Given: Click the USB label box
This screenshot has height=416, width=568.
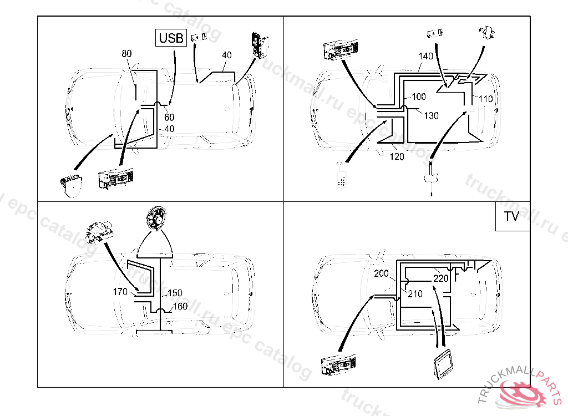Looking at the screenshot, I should click(x=170, y=38).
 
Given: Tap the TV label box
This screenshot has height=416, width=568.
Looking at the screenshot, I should click(x=511, y=216).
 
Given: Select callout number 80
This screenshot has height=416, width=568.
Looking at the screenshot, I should click(x=127, y=54).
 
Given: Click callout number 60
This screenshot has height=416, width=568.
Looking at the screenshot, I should click(x=169, y=117).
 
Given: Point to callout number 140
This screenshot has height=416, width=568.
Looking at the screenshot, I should click(x=426, y=57).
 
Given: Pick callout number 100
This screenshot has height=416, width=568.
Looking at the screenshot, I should click(x=419, y=97).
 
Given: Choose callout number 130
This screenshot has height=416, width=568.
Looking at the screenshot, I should click(x=431, y=115).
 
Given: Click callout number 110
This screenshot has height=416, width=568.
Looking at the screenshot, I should click(x=485, y=99).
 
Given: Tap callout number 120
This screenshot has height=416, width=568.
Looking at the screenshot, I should click(x=397, y=156).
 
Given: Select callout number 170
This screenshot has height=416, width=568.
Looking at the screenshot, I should click(x=120, y=291).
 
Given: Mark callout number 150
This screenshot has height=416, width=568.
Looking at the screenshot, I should click(x=175, y=293).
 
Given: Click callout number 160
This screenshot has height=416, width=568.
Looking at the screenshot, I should click(x=180, y=306).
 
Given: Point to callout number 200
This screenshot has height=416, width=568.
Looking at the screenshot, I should click(x=382, y=273).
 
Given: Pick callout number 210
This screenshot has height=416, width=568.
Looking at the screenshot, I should click(x=415, y=293).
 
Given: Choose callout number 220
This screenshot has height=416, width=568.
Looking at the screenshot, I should click(x=441, y=278).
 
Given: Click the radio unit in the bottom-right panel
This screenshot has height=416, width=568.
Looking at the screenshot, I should click(x=338, y=363).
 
